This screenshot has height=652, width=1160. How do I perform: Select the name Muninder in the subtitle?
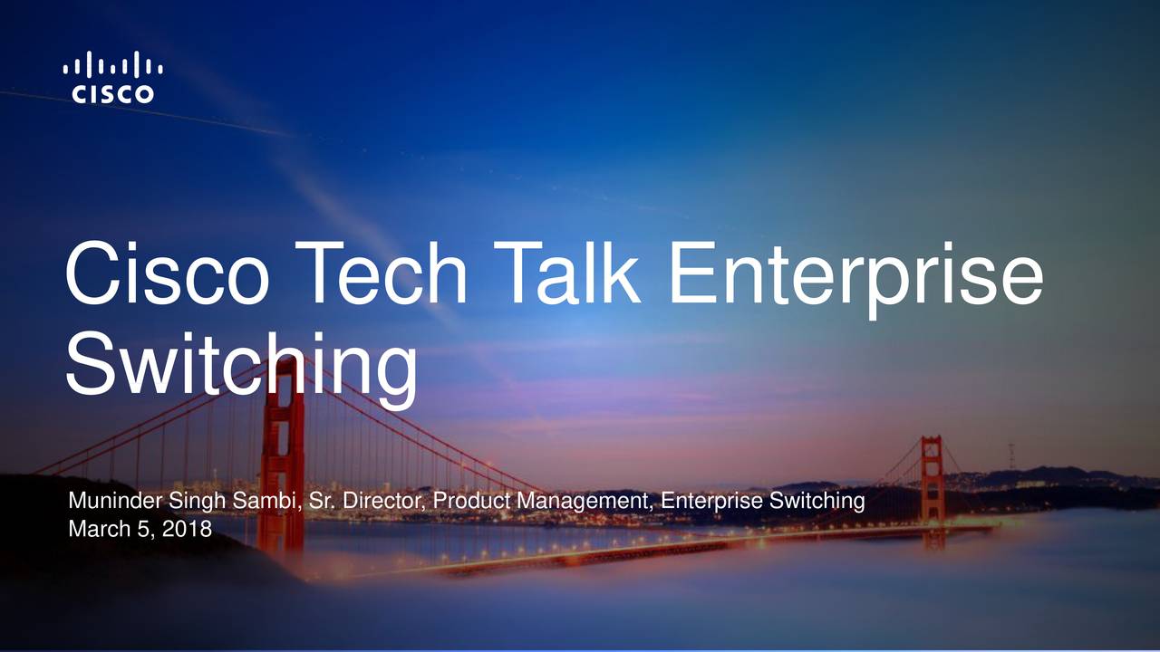pyautogui.click(x=116, y=501)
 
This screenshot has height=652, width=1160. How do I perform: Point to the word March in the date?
pyautogui.click(x=95, y=528)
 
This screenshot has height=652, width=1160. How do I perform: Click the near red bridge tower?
pyautogui.click(x=283, y=453)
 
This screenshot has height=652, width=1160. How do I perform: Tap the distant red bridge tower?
pyautogui.click(x=933, y=480)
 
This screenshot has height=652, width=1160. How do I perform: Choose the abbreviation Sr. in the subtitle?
pyautogui.click(x=321, y=501)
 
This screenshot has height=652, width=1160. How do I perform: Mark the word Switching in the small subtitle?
pyautogui.click(x=820, y=502)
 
